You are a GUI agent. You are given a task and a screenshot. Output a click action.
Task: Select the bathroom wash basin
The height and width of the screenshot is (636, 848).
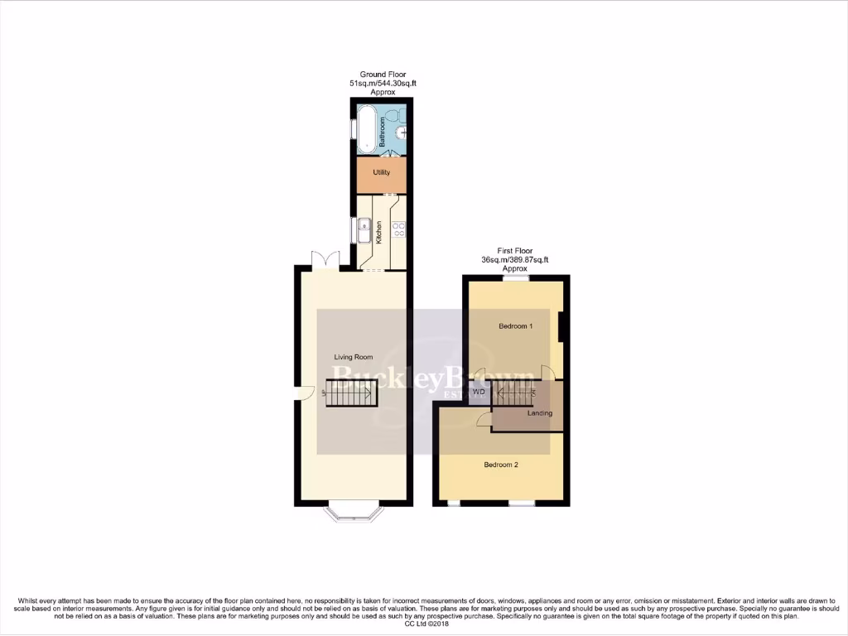point(401,132)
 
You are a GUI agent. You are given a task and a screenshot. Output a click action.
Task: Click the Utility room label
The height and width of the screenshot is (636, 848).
point(381,172)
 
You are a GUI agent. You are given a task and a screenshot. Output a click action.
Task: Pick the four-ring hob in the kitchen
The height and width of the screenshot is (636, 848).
point(397,229)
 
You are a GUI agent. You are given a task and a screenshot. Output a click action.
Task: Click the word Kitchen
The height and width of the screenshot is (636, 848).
point(379,230)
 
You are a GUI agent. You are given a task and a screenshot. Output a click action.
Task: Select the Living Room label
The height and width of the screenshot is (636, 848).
point(353,357)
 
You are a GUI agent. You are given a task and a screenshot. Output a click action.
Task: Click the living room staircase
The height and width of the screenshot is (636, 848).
point(352,393)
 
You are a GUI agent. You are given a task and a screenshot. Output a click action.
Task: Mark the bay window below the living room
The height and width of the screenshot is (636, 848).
point(354,512)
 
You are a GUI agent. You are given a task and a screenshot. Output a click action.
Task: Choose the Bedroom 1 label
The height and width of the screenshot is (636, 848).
point(515,326)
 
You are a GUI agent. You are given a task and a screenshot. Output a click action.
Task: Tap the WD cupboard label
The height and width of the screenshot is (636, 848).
point(479,392)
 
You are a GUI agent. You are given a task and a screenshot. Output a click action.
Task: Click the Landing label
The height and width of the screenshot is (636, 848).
point(539,412)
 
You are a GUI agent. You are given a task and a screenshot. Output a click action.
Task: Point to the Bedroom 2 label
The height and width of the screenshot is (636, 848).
point(501,465)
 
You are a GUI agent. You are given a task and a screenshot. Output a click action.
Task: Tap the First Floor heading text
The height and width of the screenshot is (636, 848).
point(514,250)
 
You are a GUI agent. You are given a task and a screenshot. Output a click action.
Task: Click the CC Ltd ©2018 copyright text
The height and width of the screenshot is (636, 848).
point(423,624)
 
